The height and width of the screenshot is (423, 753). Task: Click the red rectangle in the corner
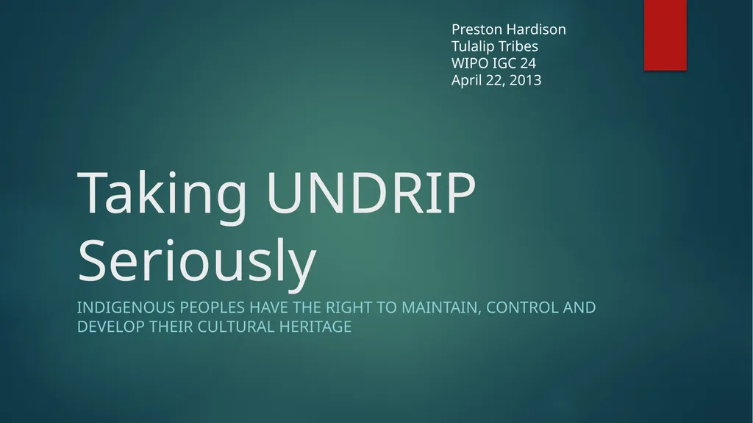[x=665, y=35]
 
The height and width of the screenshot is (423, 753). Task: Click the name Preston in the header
[x=477, y=29]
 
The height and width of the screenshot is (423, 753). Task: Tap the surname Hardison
[x=536, y=29]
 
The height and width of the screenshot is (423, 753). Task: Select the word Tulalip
[x=470, y=46]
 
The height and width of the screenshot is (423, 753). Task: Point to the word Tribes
[x=515, y=46]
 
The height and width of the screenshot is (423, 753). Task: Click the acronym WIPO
[x=470, y=63]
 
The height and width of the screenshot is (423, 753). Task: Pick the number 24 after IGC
[x=528, y=63]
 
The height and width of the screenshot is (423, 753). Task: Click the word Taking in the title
[x=162, y=193]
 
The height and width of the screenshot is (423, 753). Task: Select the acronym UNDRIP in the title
[x=371, y=192]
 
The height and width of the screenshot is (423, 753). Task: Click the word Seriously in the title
[x=197, y=261]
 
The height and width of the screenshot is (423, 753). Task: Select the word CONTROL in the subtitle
[x=522, y=308]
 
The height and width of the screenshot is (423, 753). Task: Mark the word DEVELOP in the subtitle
[x=111, y=327]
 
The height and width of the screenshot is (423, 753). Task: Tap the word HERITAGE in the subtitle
[x=315, y=327]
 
